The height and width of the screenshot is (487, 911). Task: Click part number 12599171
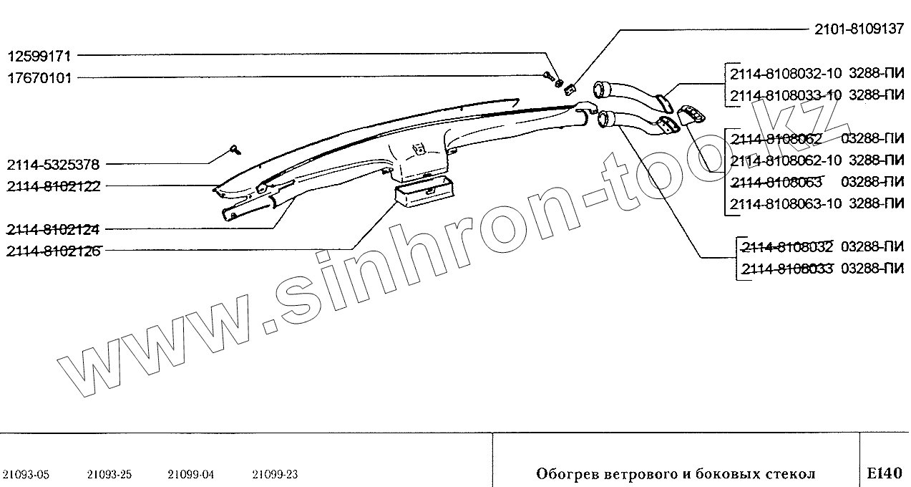coord(40,55)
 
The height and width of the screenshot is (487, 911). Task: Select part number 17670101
coord(40,77)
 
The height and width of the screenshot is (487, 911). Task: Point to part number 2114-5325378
coord(53,164)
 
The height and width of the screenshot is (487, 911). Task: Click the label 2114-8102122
coord(53,186)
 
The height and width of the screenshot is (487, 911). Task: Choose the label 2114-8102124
coord(53,230)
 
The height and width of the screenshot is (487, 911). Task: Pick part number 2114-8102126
coord(53,251)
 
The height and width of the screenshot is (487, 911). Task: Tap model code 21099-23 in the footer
coord(275,474)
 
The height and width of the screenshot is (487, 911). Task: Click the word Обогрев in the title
coord(562,474)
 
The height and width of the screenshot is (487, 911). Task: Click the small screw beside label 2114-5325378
coord(235,149)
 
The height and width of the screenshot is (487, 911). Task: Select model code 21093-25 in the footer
coord(109,474)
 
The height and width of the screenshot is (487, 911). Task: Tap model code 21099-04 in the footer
coord(191,474)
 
